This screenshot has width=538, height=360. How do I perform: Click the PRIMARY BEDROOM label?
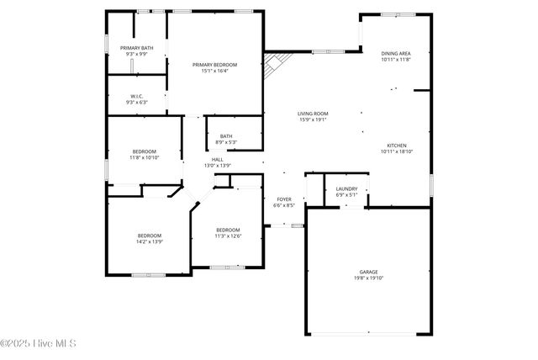point(214,65)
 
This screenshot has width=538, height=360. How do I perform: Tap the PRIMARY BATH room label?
point(136,48)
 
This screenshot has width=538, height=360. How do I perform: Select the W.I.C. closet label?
point(137,96)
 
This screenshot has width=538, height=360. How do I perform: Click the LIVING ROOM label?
point(313,114)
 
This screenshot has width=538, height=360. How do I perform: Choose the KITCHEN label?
point(397,145)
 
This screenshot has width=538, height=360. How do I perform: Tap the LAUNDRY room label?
point(346,188)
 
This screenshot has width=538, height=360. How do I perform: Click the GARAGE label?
point(369,272)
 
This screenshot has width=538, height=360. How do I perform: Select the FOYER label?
point(284,199)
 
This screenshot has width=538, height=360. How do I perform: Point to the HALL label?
point(217,159)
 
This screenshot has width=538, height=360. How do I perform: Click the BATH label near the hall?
point(226,136)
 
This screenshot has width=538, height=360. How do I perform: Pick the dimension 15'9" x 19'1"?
point(313,120)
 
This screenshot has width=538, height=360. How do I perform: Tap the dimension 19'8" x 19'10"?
point(369,278)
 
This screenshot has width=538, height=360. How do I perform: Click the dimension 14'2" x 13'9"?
point(150,241)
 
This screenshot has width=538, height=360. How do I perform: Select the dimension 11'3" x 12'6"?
point(228,236)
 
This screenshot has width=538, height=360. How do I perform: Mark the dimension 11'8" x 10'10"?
point(144,157)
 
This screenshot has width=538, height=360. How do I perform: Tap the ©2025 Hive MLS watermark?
point(39,343)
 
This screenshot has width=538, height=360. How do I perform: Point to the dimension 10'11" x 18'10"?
point(397,151)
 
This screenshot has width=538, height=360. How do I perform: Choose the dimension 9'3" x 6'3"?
point(137,103)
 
